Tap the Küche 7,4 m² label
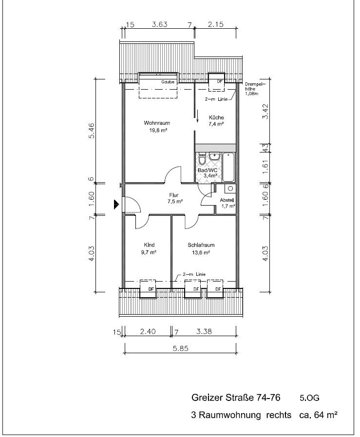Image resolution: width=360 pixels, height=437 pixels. pyautogui.click(x=216, y=121)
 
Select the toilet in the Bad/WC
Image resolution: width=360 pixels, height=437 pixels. pyautogui.click(x=202, y=159)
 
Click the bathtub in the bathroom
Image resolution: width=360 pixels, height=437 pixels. pyautogui.click(x=228, y=167)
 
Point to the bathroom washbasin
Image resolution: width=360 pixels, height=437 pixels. pyautogui.click(x=214, y=156)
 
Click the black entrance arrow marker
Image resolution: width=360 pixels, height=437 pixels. pyautogui.click(x=116, y=205)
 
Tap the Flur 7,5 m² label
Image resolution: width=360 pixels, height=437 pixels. pyautogui.click(x=174, y=198)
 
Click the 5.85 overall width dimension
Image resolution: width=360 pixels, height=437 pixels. pyautogui.click(x=181, y=348)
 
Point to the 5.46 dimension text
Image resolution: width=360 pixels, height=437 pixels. pyautogui.click(x=92, y=131)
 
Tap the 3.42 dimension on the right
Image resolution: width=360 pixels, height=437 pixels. pyautogui.click(x=265, y=112)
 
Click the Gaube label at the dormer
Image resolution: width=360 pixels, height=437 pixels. pyautogui.click(x=168, y=82)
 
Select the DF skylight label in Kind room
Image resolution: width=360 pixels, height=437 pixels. pyautogui.click(x=151, y=289)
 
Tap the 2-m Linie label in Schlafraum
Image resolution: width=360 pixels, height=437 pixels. pyautogui.click(x=194, y=274)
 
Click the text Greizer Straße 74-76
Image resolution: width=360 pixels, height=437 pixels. pyautogui.click(x=236, y=398)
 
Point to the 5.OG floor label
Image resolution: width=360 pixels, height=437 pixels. pyautogui.click(x=309, y=398)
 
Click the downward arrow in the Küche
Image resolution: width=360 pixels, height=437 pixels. pyautogui.click(x=198, y=116)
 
